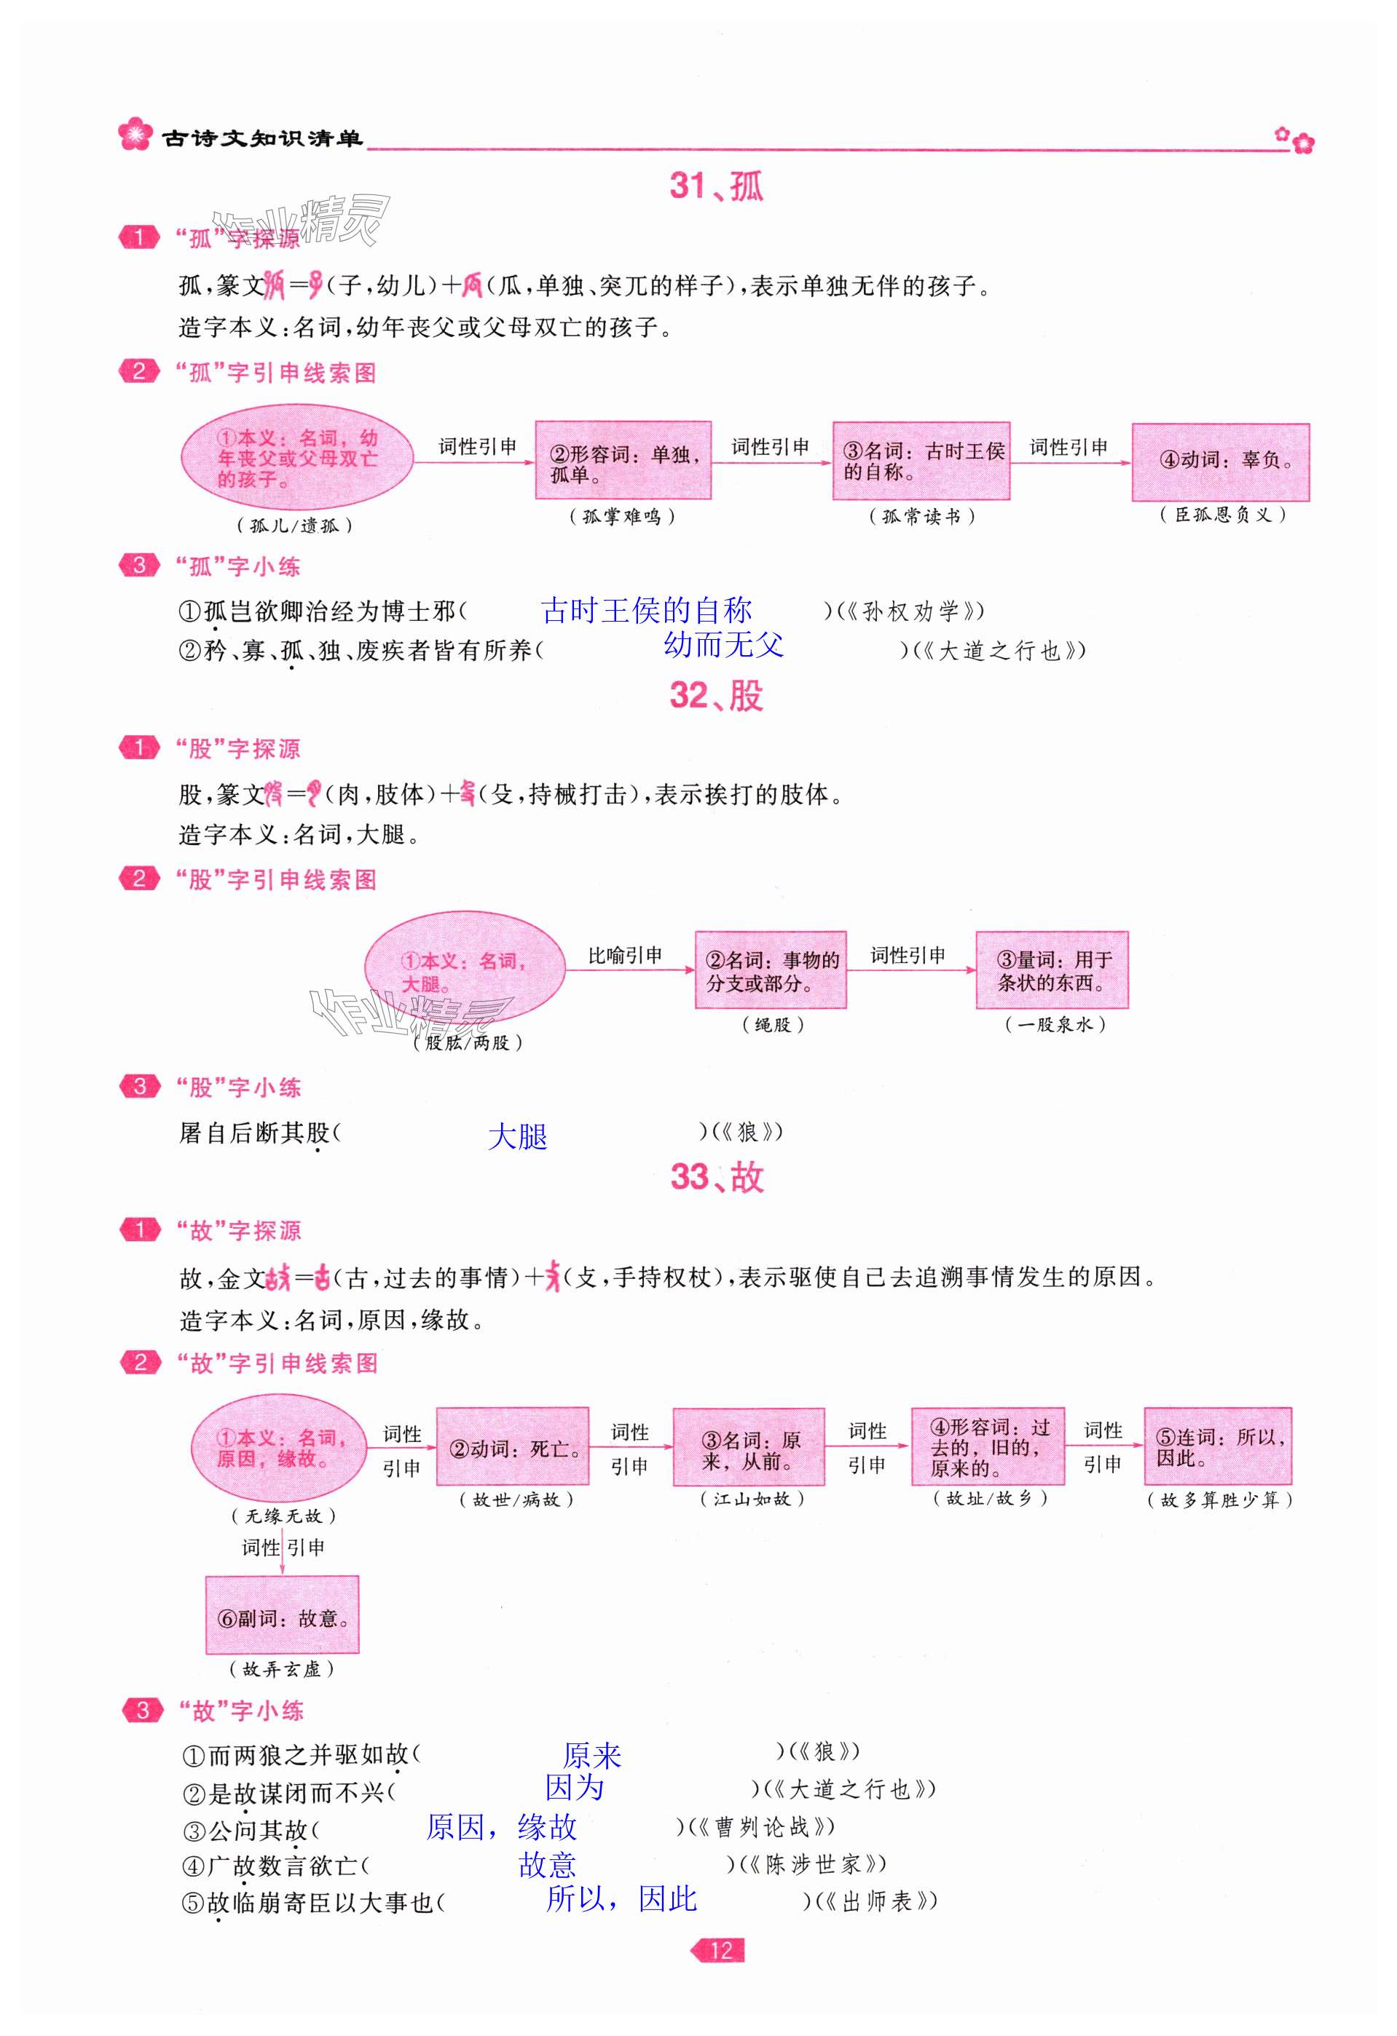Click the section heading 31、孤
click(716, 186)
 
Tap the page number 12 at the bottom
click(720, 1950)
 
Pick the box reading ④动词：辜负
click(1220, 462)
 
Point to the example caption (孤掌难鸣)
click(622, 517)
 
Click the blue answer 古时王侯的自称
click(646, 610)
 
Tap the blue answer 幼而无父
click(723, 646)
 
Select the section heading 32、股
click(716, 696)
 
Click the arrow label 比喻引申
click(625, 955)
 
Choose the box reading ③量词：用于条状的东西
click(1052, 971)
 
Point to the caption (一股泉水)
click(1055, 1024)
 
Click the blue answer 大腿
click(517, 1136)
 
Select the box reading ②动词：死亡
click(512, 1447)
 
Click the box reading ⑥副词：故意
click(282, 1615)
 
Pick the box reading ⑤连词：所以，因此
click(1217, 1446)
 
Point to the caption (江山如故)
click(752, 1499)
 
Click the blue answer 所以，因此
click(621, 1899)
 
